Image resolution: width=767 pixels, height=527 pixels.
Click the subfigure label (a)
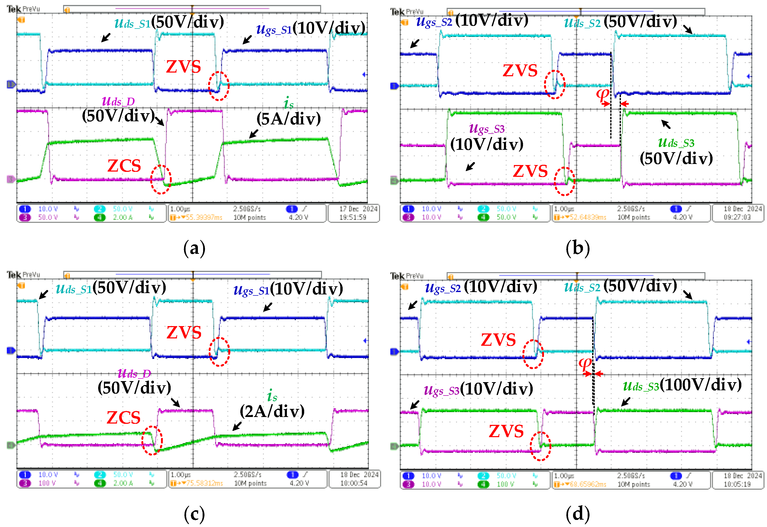pyautogui.click(x=194, y=248)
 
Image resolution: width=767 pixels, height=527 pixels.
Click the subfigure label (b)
pyautogui.click(x=577, y=248)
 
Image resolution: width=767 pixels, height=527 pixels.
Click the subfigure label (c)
pyautogui.click(x=194, y=514)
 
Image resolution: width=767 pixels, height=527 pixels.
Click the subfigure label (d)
pyautogui.click(x=577, y=514)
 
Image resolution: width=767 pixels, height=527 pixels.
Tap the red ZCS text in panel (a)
pyautogui.click(x=124, y=166)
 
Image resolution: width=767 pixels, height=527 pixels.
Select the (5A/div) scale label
pyautogui.click(x=288, y=119)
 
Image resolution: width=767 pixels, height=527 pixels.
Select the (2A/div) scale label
pyautogui.click(x=272, y=411)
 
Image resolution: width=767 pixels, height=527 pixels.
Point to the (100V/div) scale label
pyautogui.click(x=703, y=385)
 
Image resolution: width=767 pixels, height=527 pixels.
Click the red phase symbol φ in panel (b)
pyautogui.click(x=602, y=95)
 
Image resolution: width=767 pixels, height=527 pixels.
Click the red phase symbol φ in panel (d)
pyautogui.click(x=585, y=364)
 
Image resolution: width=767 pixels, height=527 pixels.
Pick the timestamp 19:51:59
pyautogui.click(x=353, y=217)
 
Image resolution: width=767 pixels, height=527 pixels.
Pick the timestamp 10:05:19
pyautogui.click(x=737, y=484)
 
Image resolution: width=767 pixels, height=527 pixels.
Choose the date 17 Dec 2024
pyautogui.click(x=358, y=209)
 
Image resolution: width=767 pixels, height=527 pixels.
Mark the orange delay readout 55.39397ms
pyautogui.click(x=204, y=217)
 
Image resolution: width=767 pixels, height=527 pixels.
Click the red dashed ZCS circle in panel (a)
pyautogui.click(x=161, y=179)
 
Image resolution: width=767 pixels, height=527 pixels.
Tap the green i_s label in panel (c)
pyautogui.click(x=272, y=395)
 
